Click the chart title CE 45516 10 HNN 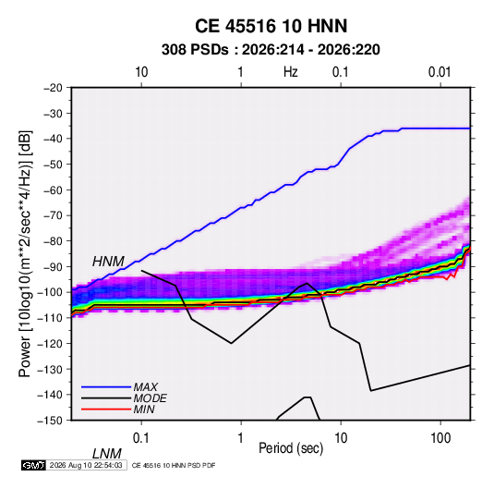[x=271, y=26]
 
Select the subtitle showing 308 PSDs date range [x=271, y=50]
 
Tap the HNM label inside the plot [x=108, y=262]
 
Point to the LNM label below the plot [x=107, y=454]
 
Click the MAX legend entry [x=145, y=386]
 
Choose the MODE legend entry [x=150, y=398]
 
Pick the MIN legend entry [x=144, y=410]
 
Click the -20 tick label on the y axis [x=53, y=88]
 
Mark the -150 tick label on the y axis [x=50, y=421]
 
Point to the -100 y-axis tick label [x=50, y=292]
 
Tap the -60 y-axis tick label [x=53, y=189]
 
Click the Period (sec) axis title [x=291, y=448]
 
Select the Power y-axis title [x=25, y=254]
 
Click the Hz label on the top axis [x=291, y=72]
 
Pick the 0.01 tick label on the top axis [x=440, y=72]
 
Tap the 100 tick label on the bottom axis [x=440, y=438]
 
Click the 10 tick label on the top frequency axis [x=141, y=72]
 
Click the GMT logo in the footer [x=34, y=465]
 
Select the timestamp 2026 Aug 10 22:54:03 [x=86, y=465]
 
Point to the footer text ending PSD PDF [x=174, y=465]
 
